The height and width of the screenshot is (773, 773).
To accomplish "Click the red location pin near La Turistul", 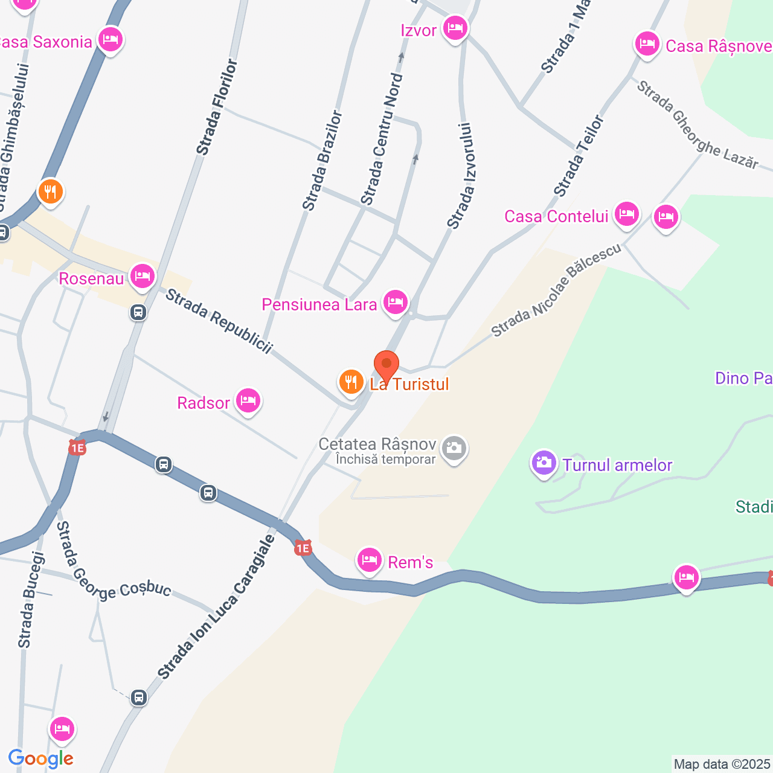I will tap(386, 365).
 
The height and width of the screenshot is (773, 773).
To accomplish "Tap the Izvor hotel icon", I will tap(455, 28).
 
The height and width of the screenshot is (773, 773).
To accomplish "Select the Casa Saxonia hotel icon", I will tap(110, 40).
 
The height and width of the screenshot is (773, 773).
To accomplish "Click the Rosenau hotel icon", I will tap(142, 277).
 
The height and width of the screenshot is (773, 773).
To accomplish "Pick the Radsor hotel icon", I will tap(248, 400).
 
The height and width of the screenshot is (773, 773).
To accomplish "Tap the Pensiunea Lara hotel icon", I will tap(396, 301).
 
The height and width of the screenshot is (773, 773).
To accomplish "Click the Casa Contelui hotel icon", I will tap(626, 214).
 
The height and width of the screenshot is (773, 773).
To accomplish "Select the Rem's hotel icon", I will tap(369, 560).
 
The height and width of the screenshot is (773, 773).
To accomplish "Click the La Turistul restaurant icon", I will tap(350, 382).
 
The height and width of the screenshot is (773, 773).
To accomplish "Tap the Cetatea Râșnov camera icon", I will tap(454, 448).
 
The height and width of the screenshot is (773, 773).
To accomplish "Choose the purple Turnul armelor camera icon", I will tap(544, 463).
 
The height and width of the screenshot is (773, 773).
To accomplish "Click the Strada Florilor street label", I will tap(217, 107).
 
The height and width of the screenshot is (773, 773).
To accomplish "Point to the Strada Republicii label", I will tap(219, 321).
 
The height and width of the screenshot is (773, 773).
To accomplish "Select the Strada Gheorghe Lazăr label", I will tap(697, 124).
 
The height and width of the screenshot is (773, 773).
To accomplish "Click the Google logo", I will tap(41, 759).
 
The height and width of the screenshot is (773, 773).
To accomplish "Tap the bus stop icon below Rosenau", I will tap(138, 312).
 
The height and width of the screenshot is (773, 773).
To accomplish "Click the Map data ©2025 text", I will tap(722, 764).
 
